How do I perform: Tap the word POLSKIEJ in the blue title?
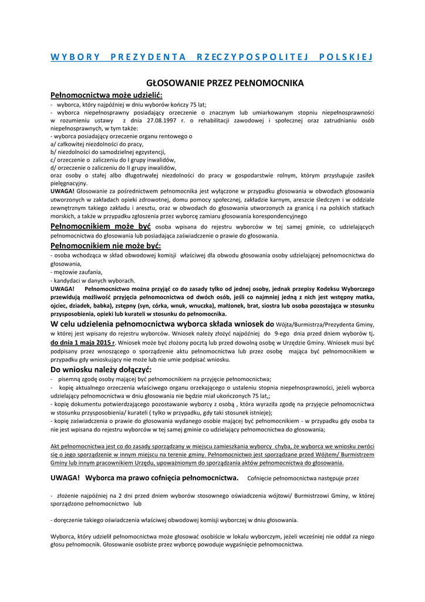pyautogui.click(x=346, y=57)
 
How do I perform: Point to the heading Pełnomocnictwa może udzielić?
pyautogui.click(x=106, y=95)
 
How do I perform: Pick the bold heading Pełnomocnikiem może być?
pyautogui.click(x=101, y=226)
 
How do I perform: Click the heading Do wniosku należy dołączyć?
pyautogui.click(x=101, y=369)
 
